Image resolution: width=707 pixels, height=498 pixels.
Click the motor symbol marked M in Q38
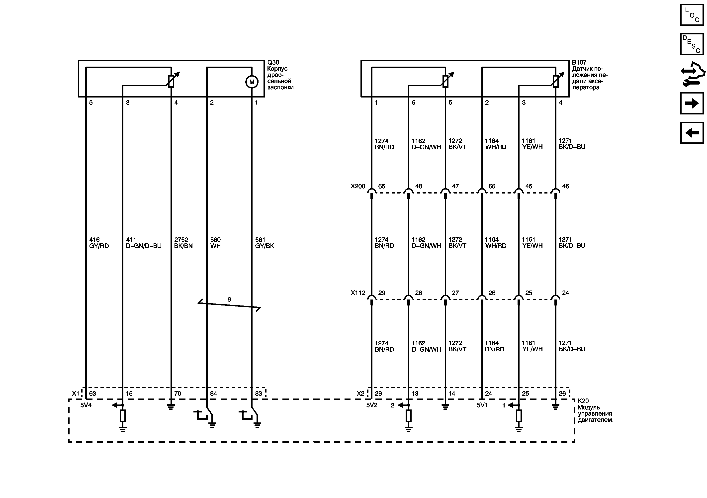click(252, 82)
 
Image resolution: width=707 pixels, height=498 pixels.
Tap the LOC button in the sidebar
click(692, 15)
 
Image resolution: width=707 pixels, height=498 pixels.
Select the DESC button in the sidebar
click(692, 44)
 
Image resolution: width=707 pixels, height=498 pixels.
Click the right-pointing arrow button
click(692, 103)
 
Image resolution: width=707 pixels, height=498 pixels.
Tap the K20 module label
click(583, 401)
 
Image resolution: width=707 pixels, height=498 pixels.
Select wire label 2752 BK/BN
click(183, 243)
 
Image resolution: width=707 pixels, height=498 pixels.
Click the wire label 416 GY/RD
click(99, 243)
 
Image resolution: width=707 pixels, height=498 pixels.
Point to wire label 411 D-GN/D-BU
click(144, 243)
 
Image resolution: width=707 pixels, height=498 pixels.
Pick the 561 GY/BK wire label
click(265, 243)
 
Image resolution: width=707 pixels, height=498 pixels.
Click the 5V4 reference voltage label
click(86, 405)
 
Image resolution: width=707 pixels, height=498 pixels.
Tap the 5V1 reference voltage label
click(482, 405)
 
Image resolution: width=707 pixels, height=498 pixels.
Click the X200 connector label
click(358, 186)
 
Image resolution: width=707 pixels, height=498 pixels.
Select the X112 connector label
click(358, 293)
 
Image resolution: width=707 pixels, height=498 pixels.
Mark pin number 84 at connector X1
click(213, 394)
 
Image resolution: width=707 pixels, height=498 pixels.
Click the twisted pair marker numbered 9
click(229, 299)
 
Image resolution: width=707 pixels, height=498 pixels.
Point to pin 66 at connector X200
click(492, 186)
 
